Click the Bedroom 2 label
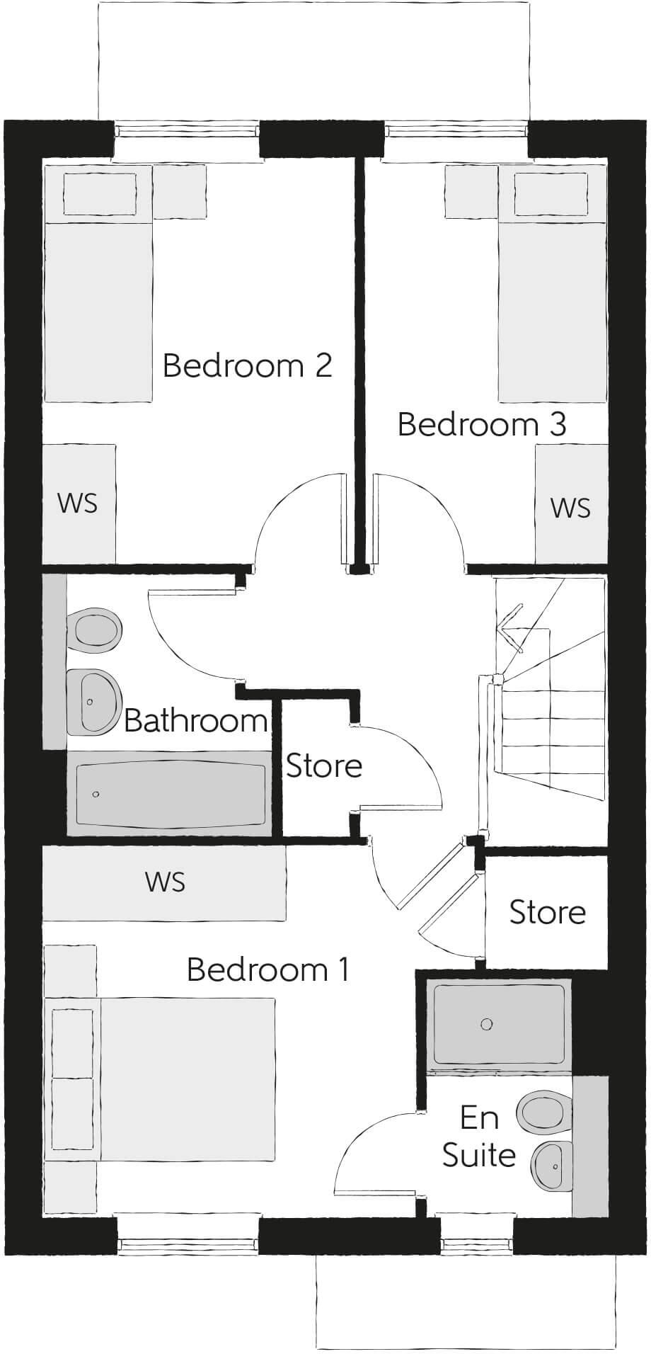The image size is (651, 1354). coord(247,366)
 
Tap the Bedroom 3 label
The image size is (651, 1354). coord(481,424)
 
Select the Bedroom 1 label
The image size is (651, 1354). coord(268,969)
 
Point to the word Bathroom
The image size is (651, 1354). coord(196,721)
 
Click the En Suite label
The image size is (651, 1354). coord(479,1137)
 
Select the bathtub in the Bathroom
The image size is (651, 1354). coord(170,794)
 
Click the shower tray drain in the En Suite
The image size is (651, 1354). coord(486,1024)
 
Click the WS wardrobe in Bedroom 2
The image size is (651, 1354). coord(78,504)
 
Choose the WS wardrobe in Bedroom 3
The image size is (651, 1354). coord(570,508)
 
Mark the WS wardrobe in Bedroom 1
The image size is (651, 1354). coord(164,882)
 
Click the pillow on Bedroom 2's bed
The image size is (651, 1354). coord(100,193)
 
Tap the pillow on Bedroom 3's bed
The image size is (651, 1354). coord(551,193)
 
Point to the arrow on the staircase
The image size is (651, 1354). coord(509,624)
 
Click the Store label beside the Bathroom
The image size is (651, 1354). coord(323,766)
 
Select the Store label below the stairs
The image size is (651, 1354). coord(547,913)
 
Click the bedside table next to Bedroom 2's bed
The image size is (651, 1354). coord(180,191)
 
